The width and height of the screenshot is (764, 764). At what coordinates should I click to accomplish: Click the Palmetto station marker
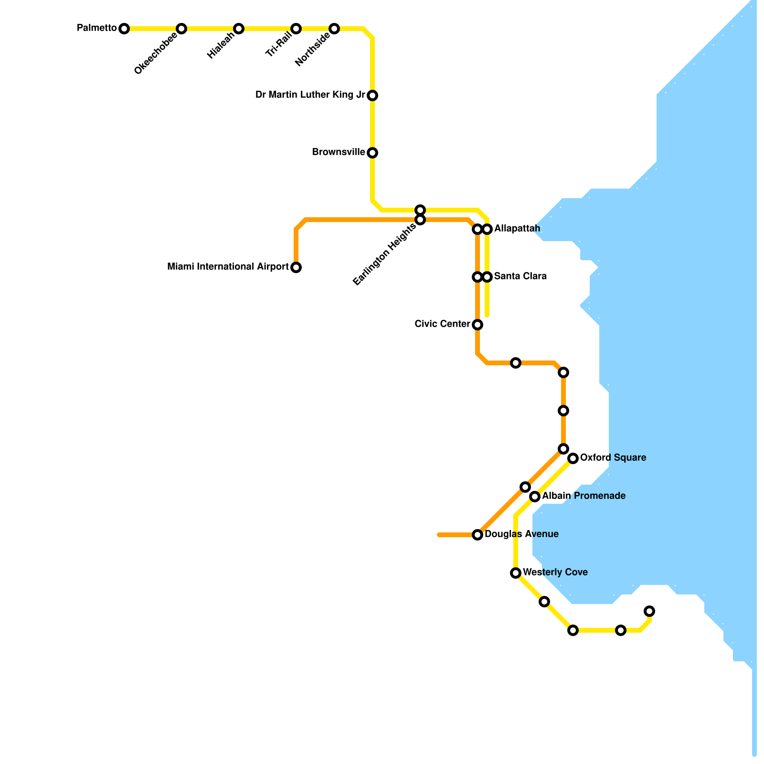[124, 29]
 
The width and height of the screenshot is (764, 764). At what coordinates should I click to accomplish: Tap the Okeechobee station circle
[181, 29]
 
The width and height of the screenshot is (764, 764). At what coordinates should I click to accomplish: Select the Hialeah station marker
[239, 29]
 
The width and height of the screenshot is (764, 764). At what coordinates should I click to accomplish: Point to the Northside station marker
[334, 29]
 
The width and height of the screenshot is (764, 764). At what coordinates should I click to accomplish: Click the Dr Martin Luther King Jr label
[310, 95]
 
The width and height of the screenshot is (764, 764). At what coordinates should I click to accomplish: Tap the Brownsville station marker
[372, 153]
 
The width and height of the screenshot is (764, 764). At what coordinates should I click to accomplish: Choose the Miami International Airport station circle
[296, 267]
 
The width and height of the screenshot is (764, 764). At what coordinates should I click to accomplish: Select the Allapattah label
[517, 229]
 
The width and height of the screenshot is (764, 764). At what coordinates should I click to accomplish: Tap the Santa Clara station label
[520, 276]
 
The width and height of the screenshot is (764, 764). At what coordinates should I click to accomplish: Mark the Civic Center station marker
[477, 325]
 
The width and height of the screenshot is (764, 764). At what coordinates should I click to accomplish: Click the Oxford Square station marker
[573, 458]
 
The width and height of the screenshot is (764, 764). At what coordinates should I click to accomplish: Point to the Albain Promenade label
[584, 496]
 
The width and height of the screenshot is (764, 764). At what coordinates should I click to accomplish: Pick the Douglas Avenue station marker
[477, 535]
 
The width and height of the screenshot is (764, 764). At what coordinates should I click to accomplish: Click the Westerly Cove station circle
[516, 573]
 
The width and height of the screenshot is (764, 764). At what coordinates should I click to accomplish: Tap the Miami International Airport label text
[228, 267]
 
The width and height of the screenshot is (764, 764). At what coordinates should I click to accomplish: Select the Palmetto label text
[97, 28]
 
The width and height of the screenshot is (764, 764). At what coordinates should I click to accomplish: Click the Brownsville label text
[339, 152]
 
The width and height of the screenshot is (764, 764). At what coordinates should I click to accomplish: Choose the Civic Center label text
[442, 324]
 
